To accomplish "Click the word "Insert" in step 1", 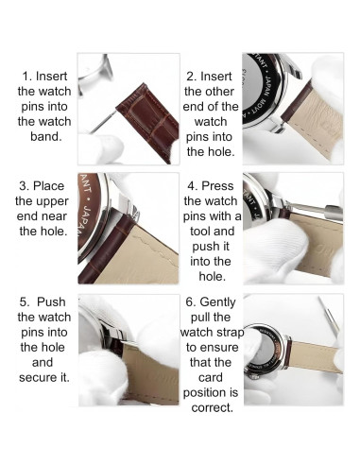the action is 51,77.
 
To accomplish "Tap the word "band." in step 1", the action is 46,137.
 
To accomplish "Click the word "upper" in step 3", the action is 51,201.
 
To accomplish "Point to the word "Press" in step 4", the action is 217,186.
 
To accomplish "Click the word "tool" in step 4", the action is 200,232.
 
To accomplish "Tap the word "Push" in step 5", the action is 51,301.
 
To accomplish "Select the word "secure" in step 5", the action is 38,377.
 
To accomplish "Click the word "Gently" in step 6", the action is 217,302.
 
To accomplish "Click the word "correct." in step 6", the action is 213,407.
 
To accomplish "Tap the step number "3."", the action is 25,186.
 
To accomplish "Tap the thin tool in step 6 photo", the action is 329,315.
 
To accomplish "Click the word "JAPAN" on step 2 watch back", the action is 267,86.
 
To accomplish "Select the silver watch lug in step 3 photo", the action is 126,206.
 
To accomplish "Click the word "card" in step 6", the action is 211,377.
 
